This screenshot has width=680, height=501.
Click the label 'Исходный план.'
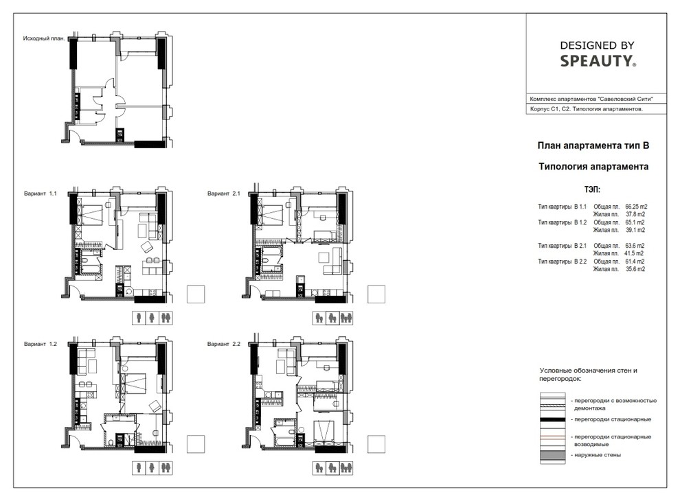[44, 38]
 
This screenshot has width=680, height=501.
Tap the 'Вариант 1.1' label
[41, 194]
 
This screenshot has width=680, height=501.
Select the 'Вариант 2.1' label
[224, 194]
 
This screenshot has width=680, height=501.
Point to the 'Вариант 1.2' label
[41, 344]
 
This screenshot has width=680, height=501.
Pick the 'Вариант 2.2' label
[224, 344]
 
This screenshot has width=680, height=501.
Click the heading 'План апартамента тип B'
[593, 145]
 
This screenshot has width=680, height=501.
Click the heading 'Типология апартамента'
[593, 166]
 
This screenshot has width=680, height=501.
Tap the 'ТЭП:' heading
[592, 190]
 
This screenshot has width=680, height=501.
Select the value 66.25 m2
[636, 207]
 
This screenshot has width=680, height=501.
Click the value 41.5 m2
[634, 253]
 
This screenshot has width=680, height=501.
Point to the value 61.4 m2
[635, 261]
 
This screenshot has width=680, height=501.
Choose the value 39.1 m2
[635, 230]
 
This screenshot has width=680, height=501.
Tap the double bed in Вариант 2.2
[324, 432]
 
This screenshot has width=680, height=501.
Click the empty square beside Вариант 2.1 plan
[376, 294]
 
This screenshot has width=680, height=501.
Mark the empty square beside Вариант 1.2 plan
[196, 444]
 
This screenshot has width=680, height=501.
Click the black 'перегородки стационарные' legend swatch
[552, 419]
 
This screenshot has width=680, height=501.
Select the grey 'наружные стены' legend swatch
[552, 455]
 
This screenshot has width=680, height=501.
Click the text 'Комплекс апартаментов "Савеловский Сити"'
[591, 100]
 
